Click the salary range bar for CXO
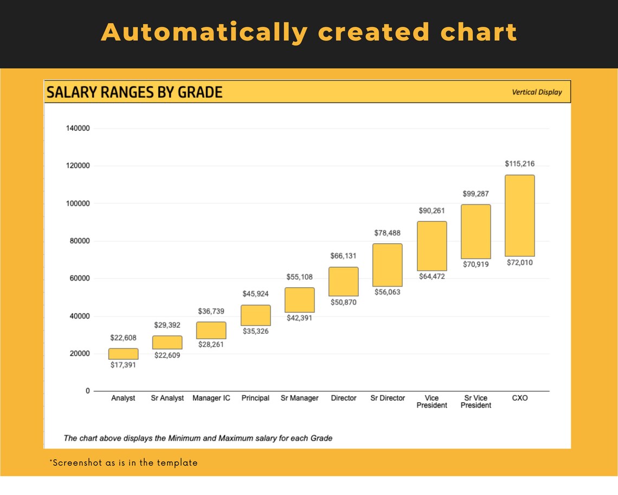(x=519, y=215)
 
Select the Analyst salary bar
(x=123, y=354)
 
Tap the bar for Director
(x=343, y=281)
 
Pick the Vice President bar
(x=432, y=246)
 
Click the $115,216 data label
(x=519, y=163)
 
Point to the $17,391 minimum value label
(x=123, y=365)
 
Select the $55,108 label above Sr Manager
(x=299, y=277)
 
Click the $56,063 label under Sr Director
(x=388, y=291)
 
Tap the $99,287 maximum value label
(x=475, y=193)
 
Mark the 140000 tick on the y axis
(x=78, y=129)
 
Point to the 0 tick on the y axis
(x=87, y=391)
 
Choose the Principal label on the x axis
(x=255, y=398)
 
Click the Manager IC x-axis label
(x=211, y=398)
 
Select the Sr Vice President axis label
(x=475, y=402)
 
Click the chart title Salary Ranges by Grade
(x=134, y=92)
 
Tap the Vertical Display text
(x=537, y=92)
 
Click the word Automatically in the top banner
(x=204, y=33)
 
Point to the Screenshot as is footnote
(x=124, y=463)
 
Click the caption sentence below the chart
(x=198, y=437)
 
